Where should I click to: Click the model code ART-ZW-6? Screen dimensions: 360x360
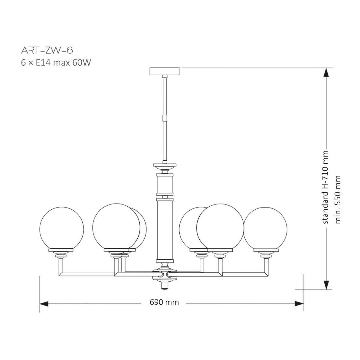(x=47, y=50)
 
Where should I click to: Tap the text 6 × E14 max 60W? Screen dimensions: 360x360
(x=56, y=62)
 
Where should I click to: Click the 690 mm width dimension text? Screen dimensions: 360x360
(x=164, y=302)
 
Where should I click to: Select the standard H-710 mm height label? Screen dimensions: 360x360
(x=325, y=187)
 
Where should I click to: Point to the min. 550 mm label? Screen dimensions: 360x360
(x=338, y=200)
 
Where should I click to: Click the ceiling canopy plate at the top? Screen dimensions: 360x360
(x=165, y=71)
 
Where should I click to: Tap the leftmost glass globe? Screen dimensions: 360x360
(x=61, y=229)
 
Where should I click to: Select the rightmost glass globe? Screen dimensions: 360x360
(x=265, y=229)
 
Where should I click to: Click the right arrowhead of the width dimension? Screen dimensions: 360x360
(x=299, y=304)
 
